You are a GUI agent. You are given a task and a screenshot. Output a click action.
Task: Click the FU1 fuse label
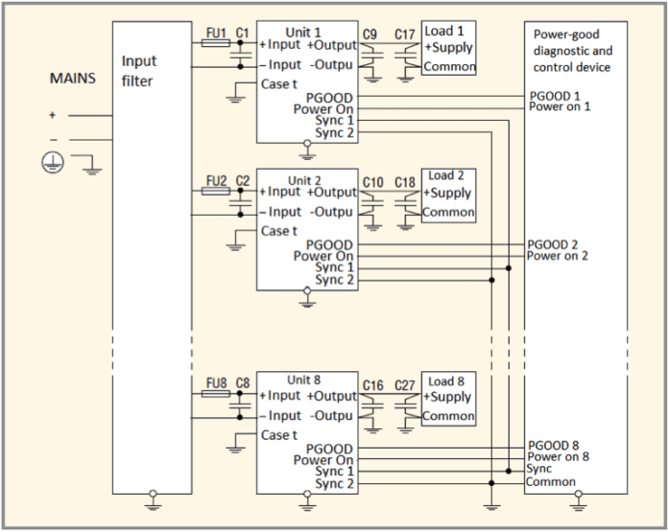click(x=216, y=33)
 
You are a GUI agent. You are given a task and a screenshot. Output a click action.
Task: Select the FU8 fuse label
click(x=216, y=382)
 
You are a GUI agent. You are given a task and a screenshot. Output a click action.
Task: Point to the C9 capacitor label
click(x=370, y=35)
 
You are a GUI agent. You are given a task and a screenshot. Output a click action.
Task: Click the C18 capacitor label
click(x=405, y=182)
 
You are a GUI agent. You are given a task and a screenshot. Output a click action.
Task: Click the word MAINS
click(x=73, y=78)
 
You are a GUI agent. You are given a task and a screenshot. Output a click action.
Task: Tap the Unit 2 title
click(x=304, y=179)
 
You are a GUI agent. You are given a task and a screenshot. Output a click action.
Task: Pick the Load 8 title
click(x=446, y=382)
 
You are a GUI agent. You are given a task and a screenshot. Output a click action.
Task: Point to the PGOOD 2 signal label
click(x=554, y=244)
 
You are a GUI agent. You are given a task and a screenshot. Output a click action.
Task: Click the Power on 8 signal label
click(x=558, y=457)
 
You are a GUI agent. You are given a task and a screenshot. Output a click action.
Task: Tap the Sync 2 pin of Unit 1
click(x=335, y=132)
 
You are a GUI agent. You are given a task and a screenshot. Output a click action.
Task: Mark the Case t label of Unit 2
click(x=280, y=230)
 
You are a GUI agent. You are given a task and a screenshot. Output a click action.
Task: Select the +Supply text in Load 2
click(x=448, y=193)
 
